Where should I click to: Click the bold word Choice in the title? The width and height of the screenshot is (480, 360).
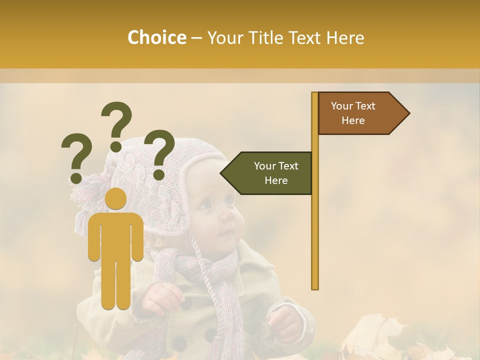click(x=156, y=37)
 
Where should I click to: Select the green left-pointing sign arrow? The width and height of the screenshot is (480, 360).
click(x=267, y=173)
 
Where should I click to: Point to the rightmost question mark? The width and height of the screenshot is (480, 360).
click(x=160, y=154)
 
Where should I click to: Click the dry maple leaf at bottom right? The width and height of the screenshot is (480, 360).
click(x=380, y=340)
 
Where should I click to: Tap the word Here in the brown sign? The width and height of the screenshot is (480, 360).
click(x=353, y=120)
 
